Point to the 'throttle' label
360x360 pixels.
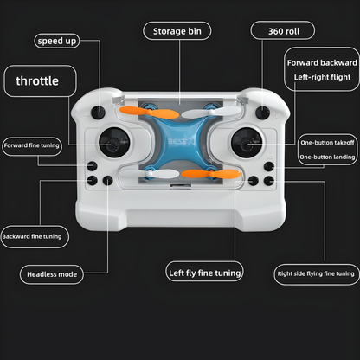[38, 81]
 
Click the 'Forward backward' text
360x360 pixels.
[321, 63]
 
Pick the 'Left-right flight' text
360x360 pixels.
[320, 78]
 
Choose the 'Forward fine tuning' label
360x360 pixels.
[32, 145]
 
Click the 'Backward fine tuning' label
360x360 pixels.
[33, 235]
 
